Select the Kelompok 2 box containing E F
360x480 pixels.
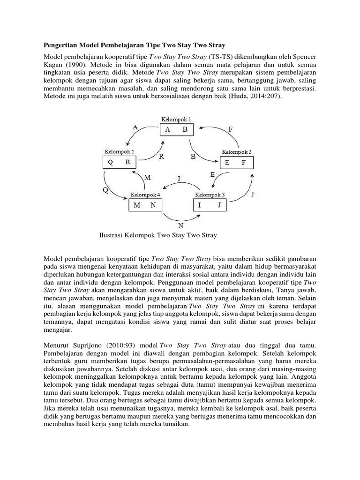coord(236,163)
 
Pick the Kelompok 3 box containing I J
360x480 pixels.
coord(210,205)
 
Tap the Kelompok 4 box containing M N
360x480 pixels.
coord(145,205)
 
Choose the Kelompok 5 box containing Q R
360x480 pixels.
coord(119,162)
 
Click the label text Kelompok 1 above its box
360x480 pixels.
coord(176,120)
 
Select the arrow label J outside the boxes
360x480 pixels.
coord(254,193)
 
